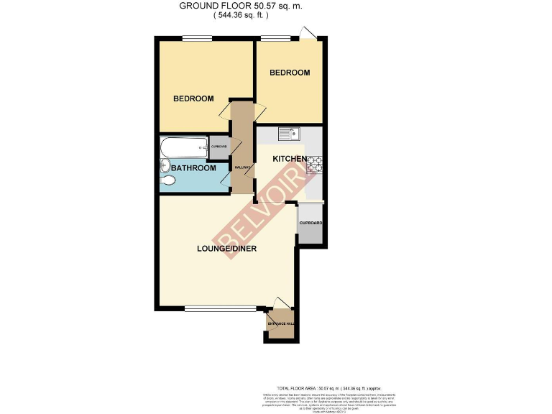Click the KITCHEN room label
pyautogui.click(x=290, y=158)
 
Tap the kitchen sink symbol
pyautogui.click(x=290, y=133)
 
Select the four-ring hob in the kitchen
pyautogui.click(x=313, y=169)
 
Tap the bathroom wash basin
pyautogui.click(x=165, y=165)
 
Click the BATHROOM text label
pyautogui.click(x=193, y=168)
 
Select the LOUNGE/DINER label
pyautogui.click(x=227, y=249)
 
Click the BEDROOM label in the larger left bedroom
pyautogui.click(x=193, y=98)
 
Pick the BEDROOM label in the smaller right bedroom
pyautogui.click(x=290, y=73)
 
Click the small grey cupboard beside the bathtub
pyautogui.click(x=218, y=147)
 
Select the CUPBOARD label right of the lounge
pyautogui.click(x=310, y=223)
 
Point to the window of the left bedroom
pyautogui.click(x=192, y=39)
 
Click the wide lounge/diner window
pyautogui.click(x=220, y=309)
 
